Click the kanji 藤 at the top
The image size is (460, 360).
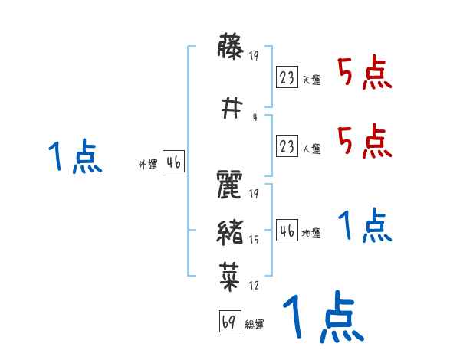click(231, 51)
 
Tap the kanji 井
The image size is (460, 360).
click(231, 108)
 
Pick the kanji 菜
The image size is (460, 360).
click(231, 275)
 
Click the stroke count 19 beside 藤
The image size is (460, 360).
click(255, 54)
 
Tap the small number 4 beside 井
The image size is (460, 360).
click(254, 116)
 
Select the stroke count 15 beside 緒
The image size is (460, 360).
click(255, 239)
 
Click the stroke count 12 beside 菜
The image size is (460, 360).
click(254, 286)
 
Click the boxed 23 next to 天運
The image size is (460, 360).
click(287, 77)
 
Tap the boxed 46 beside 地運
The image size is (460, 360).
click(287, 230)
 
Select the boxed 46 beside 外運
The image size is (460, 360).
click(174, 161)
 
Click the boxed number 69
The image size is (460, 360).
click(229, 322)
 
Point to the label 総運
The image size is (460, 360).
click(255, 325)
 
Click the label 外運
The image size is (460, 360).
click(148, 164)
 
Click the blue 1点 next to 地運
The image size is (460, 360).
click(364, 226)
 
